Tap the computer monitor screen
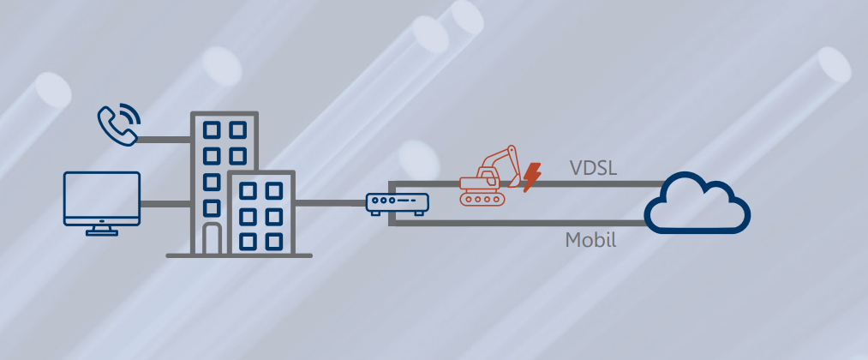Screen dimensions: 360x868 coord(102,197)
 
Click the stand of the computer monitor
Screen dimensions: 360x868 coord(102,230)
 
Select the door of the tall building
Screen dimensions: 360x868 coord(213,239)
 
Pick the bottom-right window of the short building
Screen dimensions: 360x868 coord(274,241)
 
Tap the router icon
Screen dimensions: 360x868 coord(397,203)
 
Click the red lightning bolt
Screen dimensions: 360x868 coord(532,177)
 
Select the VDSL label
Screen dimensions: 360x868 coord(594,168)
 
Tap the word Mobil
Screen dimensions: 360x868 coord(590,240)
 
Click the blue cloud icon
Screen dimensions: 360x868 coord(697,206)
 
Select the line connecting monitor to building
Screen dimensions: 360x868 coord(165,203)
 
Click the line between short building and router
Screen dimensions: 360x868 coord(330,203)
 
